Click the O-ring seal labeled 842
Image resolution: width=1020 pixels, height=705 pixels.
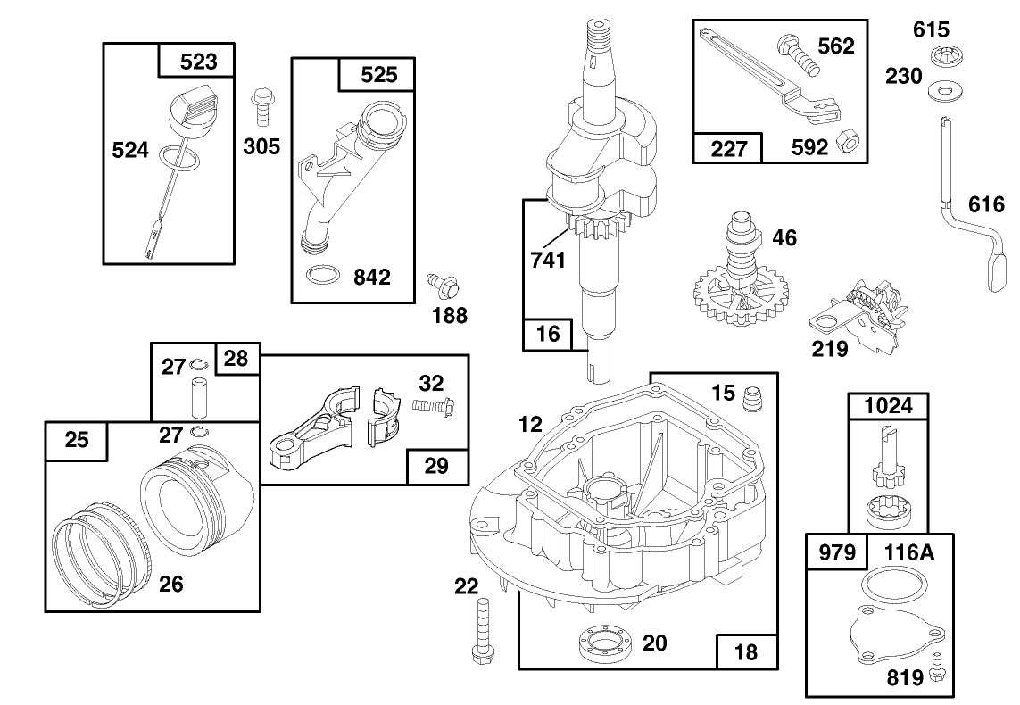coord(320,276)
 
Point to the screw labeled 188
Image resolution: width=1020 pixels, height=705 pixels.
coord(443,285)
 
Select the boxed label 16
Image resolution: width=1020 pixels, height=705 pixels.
coord(549,334)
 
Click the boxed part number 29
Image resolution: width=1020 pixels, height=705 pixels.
coord(437,464)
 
